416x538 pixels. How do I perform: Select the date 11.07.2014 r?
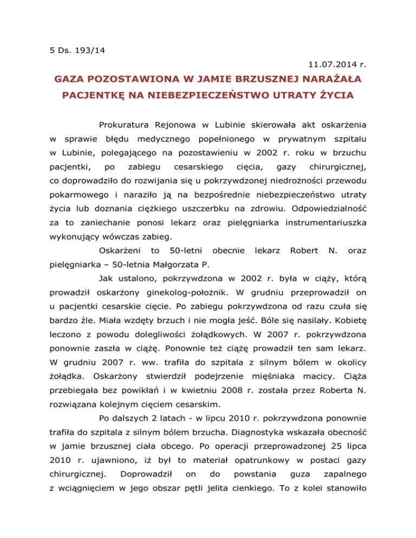click(335, 65)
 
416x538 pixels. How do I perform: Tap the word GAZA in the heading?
click(73, 81)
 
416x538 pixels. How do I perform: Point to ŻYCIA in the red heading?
click(334, 97)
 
